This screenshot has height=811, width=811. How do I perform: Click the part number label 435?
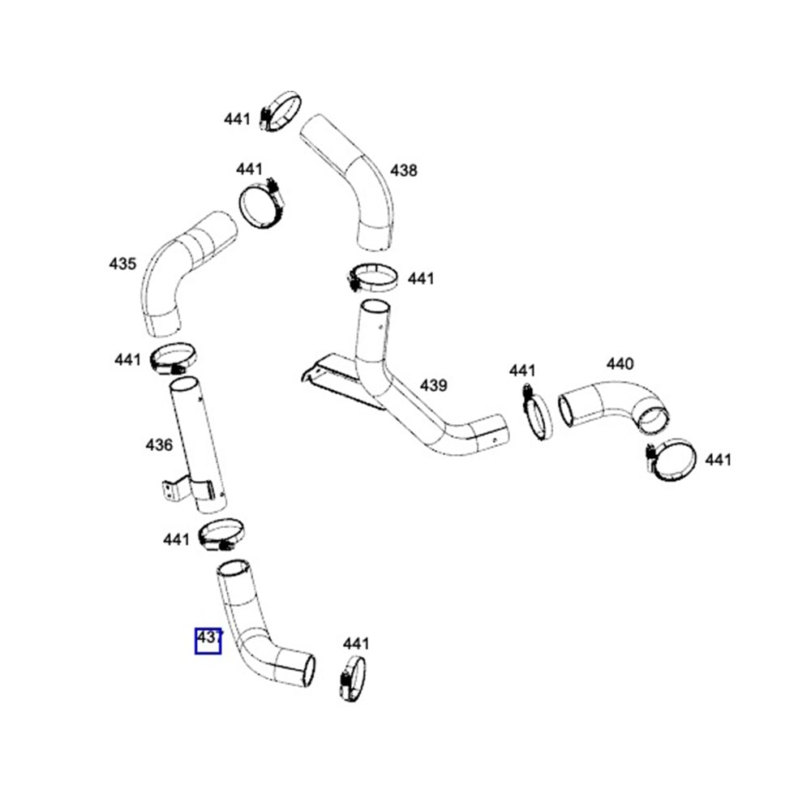[x=122, y=264]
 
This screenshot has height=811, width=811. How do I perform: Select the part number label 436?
[x=159, y=444]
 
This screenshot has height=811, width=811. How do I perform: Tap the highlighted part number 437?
[x=208, y=640]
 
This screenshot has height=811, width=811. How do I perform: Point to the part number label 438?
[x=403, y=170]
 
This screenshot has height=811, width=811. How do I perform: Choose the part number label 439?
[x=433, y=384]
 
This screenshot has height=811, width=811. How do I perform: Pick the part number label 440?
[x=620, y=364]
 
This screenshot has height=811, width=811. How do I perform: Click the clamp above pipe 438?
[x=281, y=111]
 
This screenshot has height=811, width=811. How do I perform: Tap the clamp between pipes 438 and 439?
[x=372, y=278]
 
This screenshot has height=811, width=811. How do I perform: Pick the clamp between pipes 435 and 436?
[x=173, y=358]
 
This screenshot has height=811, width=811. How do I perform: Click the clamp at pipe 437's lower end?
[x=353, y=679]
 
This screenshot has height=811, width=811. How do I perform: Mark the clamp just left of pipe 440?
[x=533, y=414]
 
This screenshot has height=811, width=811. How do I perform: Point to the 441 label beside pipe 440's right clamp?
[x=718, y=460]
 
